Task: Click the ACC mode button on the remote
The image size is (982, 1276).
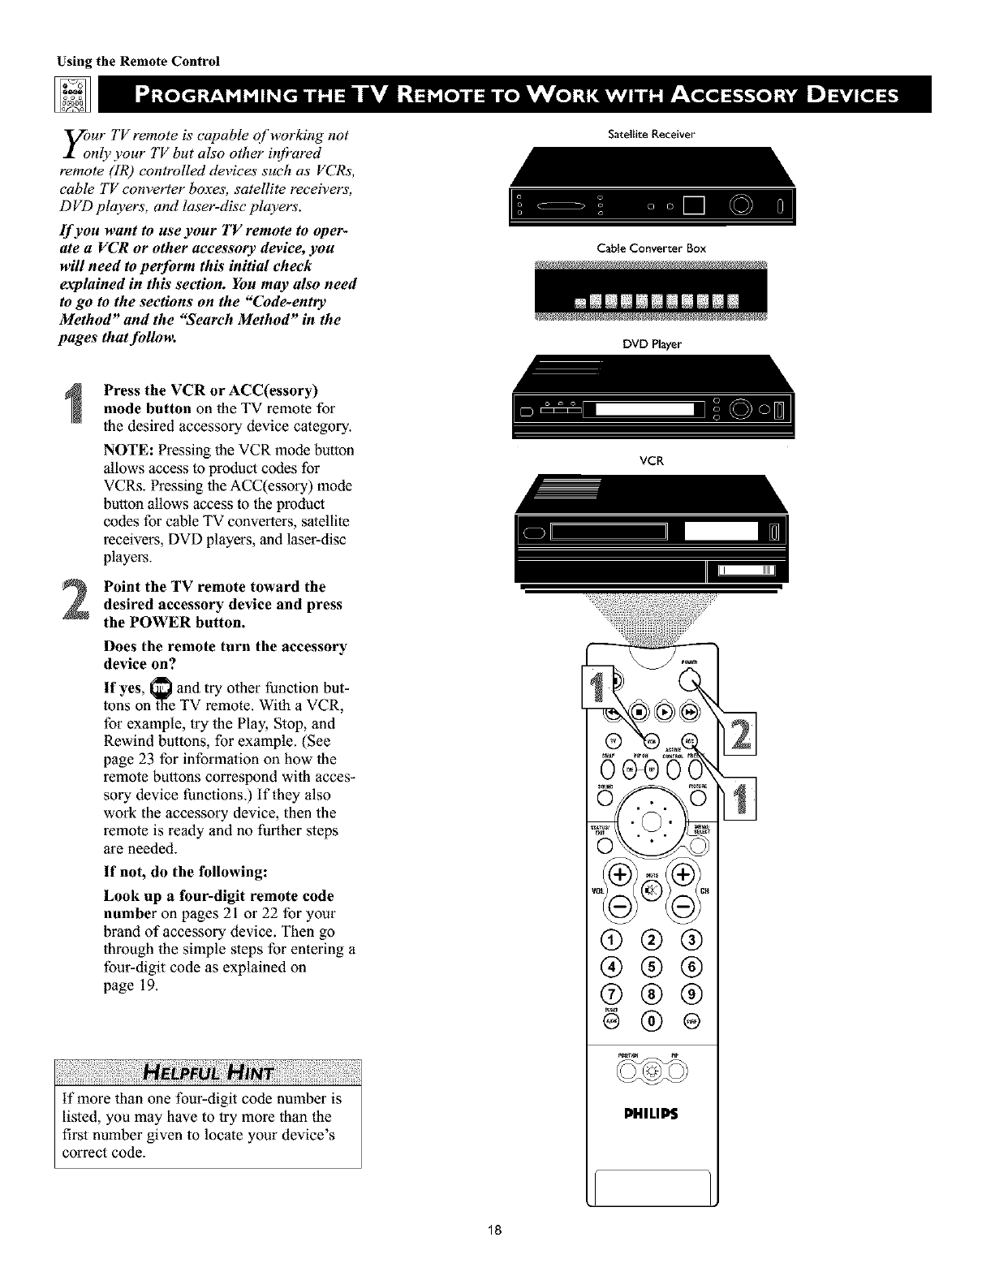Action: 691,739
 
